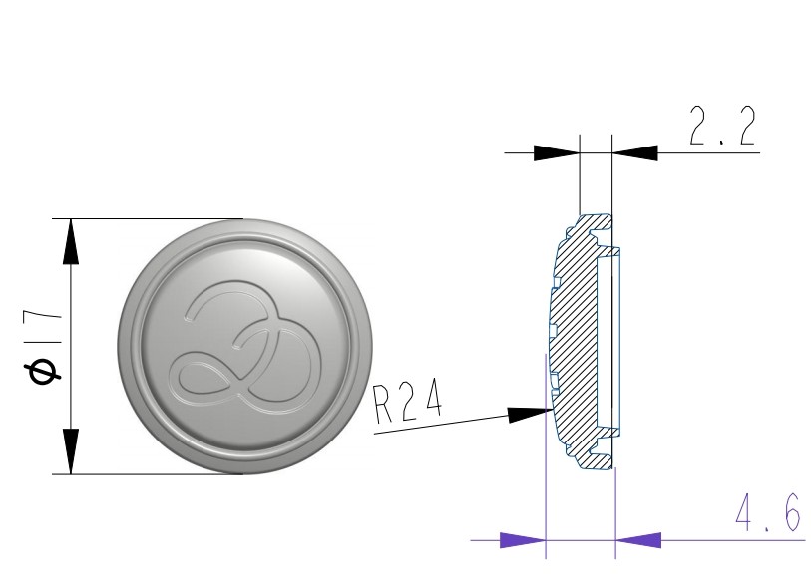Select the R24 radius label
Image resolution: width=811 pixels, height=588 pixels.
(408, 402)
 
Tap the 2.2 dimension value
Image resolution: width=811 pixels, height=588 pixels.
(722, 126)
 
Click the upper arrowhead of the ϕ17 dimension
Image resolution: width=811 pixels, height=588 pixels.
(71, 241)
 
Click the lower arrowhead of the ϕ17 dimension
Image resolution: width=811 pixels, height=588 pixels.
(71, 451)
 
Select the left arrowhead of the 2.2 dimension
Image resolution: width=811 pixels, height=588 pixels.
(556, 152)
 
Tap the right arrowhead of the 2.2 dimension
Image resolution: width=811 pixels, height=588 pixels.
(635, 152)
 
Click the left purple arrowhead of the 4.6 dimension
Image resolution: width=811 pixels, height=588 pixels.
(523, 540)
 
